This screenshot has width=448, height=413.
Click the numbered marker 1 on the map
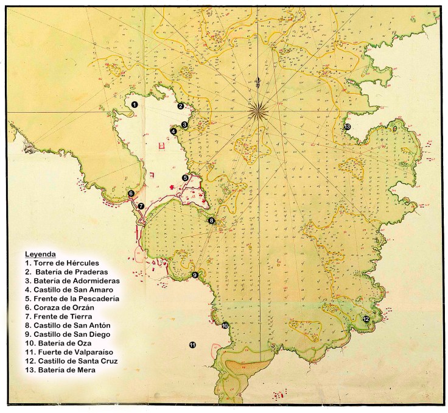coord(135,105)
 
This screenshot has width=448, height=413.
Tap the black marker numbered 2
coord(181,106)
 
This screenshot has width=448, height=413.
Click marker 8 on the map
coord(212,221)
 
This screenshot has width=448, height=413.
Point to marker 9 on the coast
coord(195,275)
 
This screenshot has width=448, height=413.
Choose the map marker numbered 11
coord(192,345)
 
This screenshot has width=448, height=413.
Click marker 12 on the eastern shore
coord(366,319)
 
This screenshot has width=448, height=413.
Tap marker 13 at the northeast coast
coord(347,127)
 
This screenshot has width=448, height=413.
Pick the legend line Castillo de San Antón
coord(67,325)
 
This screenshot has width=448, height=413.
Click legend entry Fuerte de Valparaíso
coord(68,352)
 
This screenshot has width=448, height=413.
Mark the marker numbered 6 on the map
coord(131,194)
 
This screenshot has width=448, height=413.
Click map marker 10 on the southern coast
coord(225,326)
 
